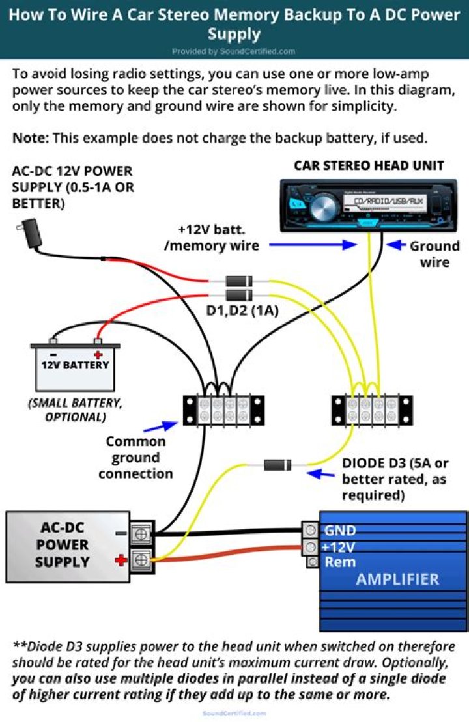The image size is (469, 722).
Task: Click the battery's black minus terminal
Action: tap(53, 340)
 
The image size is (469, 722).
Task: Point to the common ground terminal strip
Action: tap(223, 410)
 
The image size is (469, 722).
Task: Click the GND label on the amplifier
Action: tap(340, 531)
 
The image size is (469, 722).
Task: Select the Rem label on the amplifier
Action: tap(339, 561)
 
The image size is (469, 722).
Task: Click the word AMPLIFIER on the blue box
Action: tap(397, 579)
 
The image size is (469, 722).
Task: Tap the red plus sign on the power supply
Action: tap(120, 559)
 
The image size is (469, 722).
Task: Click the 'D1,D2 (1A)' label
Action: tap(242, 311)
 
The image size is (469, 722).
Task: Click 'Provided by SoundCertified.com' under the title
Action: tap(234, 51)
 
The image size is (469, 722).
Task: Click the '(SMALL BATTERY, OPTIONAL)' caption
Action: tap(70, 410)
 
